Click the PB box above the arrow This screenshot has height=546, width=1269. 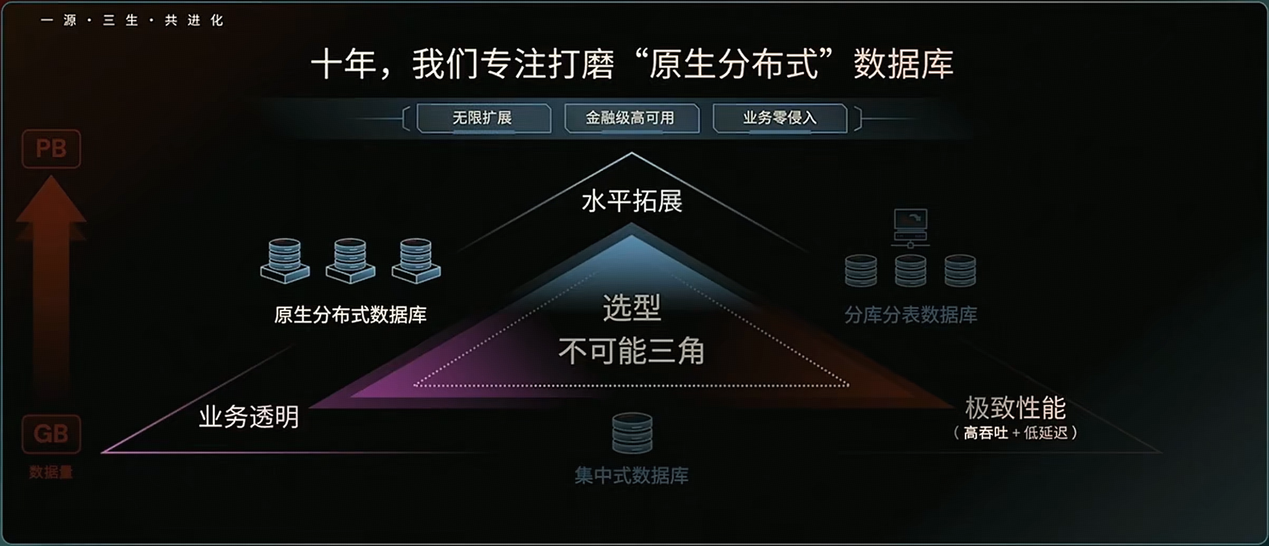[51, 149]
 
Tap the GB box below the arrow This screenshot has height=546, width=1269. [51, 434]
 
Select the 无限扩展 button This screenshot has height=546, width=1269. [483, 118]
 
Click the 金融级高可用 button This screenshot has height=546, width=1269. [631, 118]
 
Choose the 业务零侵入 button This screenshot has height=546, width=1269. [780, 118]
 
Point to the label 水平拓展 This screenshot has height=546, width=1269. [632, 201]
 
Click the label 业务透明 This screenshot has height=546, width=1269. [249, 417]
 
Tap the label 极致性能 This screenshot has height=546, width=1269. [1015, 408]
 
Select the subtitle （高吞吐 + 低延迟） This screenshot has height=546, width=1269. [1015, 433]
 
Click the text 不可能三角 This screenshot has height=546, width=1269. [631, 351]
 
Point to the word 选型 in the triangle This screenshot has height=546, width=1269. [632, 308]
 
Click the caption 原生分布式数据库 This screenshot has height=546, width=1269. [350, 315]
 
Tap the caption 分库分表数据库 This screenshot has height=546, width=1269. [910, 315]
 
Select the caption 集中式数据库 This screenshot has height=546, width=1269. [632, 475]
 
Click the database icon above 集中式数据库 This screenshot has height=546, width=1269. [632, 433]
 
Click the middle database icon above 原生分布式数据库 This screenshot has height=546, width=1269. [350, 260]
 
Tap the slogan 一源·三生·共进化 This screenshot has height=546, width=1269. [132, 21]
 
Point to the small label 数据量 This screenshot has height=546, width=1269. [51, 472]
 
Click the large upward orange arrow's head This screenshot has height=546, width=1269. [51, 201]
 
